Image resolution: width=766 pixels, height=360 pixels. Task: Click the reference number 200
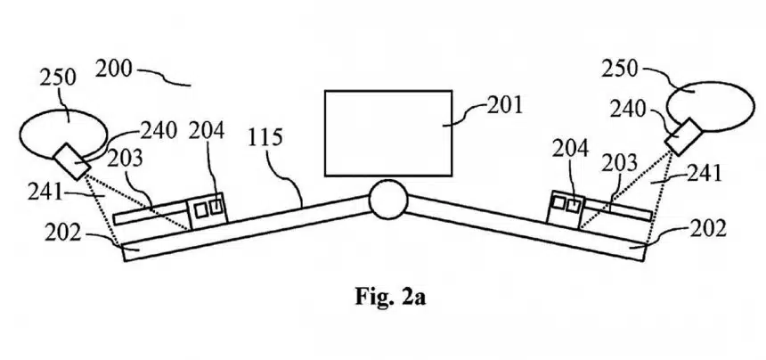113,70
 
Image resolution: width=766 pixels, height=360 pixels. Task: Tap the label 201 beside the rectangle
505,105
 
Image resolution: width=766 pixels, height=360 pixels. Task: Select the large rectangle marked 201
388,133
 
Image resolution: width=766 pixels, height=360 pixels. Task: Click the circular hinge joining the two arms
387,200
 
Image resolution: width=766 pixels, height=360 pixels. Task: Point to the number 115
265,138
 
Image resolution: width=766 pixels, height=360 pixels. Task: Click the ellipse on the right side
710,107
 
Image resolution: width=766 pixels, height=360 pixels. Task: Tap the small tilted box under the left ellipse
71,162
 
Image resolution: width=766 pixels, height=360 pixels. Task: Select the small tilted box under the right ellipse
683,136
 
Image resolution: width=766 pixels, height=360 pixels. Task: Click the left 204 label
207,131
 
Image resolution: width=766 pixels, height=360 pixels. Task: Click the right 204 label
570,149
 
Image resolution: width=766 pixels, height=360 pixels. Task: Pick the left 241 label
45,193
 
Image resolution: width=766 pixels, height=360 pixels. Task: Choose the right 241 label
704,173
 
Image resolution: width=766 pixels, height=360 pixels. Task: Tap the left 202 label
62,234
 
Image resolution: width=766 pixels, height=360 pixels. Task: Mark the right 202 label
708,228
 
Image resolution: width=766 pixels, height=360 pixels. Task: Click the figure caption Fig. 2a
390,297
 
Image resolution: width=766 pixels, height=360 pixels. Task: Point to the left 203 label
125,159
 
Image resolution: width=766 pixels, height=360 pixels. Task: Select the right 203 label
619,164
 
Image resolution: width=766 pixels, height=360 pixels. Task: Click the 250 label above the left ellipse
58,78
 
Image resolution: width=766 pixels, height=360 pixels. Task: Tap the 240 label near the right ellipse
628,110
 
